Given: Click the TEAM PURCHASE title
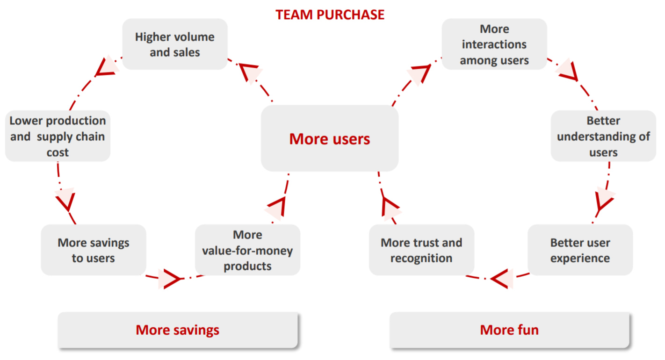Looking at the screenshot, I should [330, 14].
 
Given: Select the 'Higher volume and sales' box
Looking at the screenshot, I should [174, 44].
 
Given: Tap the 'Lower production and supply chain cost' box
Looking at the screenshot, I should [58, 136].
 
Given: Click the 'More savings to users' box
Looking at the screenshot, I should [93, 250].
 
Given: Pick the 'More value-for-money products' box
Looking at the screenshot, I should [247, 250].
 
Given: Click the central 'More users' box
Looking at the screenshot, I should [330, 138].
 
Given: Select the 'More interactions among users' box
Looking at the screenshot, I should [494, 44].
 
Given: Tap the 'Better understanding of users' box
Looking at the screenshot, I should [603, 136].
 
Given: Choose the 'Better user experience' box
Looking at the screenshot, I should [580, 250].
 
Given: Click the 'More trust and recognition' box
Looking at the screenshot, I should [421, 250].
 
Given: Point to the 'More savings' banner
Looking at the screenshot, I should [177, 330].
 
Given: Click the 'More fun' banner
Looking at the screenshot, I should [509, 330].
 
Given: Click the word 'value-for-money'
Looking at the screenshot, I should [247, 251].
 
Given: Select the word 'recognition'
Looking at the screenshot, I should [421, 258].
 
